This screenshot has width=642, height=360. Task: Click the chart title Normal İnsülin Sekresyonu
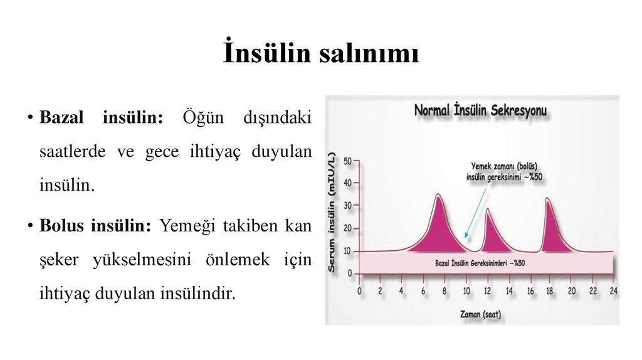pos(480,111)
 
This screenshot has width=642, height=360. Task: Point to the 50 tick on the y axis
pos(348,161)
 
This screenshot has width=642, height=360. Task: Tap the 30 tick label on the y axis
pos(348,206)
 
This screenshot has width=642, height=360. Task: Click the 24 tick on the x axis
pos(614,291)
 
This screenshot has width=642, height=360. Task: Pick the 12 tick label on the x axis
pos(487,291)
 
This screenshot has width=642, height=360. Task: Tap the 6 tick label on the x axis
pos(423,291)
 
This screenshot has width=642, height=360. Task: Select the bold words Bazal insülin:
pos(101,117)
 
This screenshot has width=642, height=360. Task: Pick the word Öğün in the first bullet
pos(199,117)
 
